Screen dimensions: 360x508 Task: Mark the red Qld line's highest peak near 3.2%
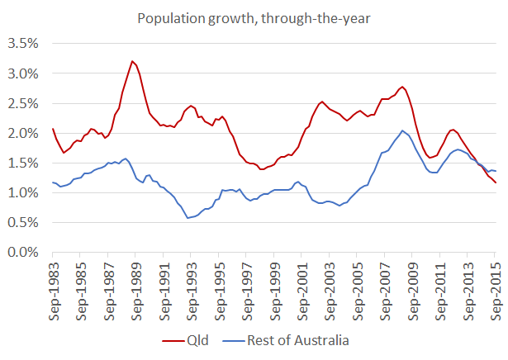132,61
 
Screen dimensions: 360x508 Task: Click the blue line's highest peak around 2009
402,130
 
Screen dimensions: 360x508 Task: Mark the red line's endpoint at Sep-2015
496,182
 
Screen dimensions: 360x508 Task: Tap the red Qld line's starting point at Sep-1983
53,128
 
